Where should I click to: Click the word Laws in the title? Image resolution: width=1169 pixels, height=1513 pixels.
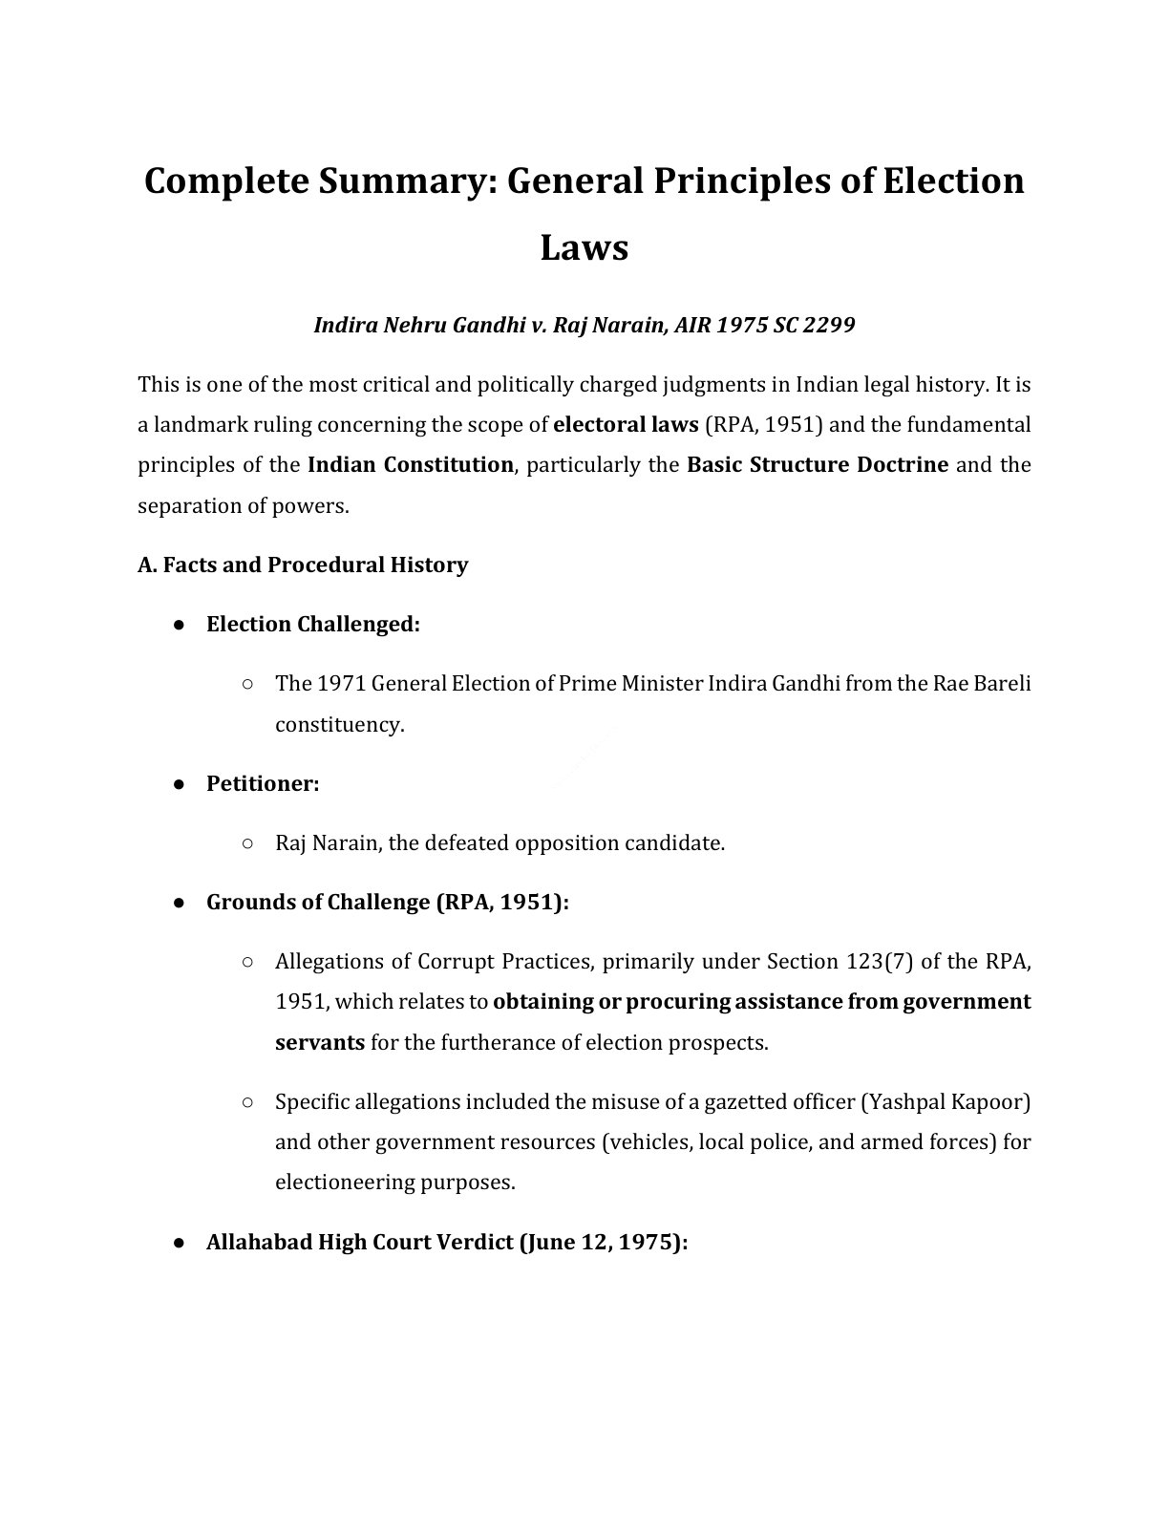[x=584, y=248]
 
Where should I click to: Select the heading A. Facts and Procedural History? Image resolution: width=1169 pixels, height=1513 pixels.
[x=303, y=565]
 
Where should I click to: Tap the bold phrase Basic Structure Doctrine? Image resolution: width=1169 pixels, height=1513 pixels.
[x=818, y=465]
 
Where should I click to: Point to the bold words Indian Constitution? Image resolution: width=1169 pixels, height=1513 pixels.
[x=410, y=465]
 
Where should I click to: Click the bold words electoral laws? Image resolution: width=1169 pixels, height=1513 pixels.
[x=626, y=425]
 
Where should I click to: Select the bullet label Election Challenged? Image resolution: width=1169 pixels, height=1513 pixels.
[x=313, y=625]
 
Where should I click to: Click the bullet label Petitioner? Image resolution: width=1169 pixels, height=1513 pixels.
[x=263, y=784]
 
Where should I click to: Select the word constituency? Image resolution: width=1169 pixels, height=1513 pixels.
[x=340, y=725]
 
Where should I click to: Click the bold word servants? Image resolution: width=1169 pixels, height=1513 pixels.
[x=319, y=1043]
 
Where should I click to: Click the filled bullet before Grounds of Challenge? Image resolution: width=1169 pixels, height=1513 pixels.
[x=179, y=904]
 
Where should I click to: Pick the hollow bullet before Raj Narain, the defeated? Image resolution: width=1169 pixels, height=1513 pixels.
[x=247, y=843]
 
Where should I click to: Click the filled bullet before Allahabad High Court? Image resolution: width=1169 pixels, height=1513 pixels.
[x=179, y=1244]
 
